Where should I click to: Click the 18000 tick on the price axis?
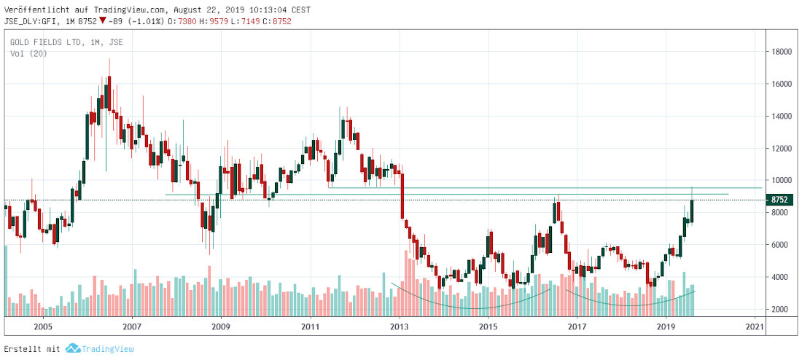tap(782, 52)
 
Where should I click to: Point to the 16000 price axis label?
tap(782, 84)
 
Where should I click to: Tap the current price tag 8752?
tap(781, 200)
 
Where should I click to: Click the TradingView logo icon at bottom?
tap(72, 348)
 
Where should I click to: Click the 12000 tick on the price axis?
tap(782, 148)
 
